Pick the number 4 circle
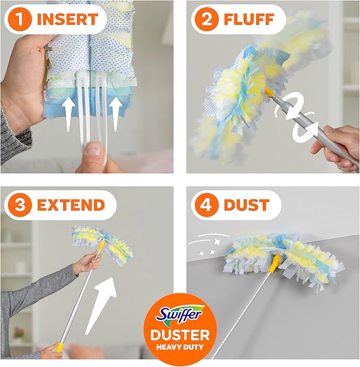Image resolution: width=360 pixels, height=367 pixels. (x=203, y=204)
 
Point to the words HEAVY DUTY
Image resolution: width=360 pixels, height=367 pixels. (x=180, y=348)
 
